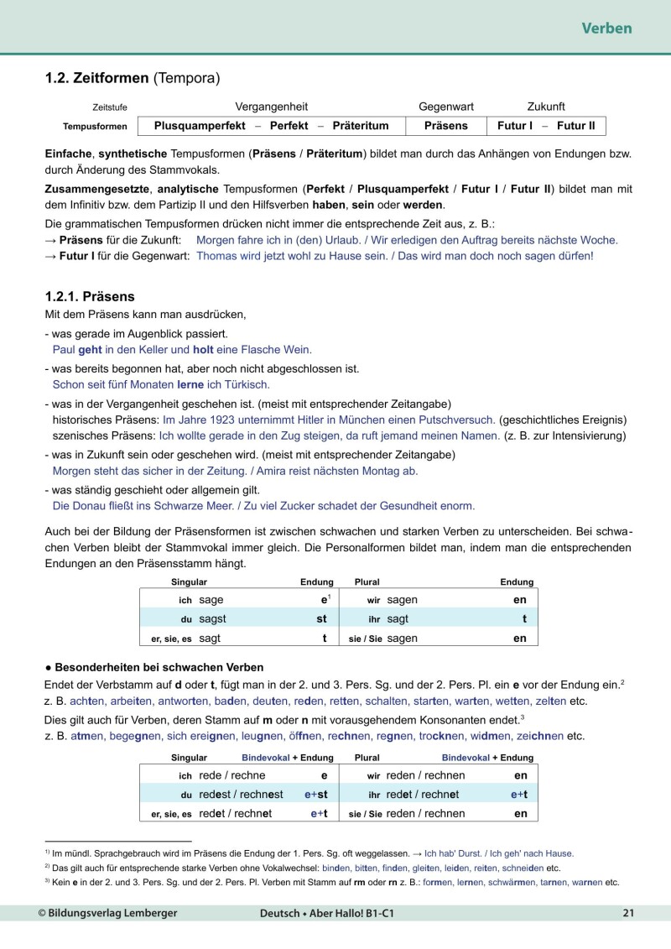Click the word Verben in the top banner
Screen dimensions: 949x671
tap(606, 29)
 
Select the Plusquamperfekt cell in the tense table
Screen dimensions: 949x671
tap(200, 126)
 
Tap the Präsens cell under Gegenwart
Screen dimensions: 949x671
tap(445, 126)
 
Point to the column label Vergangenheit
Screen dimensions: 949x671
tap(271, 107)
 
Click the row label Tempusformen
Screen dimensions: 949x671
tap(95, 127)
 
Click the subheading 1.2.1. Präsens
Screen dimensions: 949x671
tap(89, 297)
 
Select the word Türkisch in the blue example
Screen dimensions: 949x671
tap(245, 384)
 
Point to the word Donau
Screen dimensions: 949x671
tap(91, 505)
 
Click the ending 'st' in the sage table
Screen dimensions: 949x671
tap(320, 619)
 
